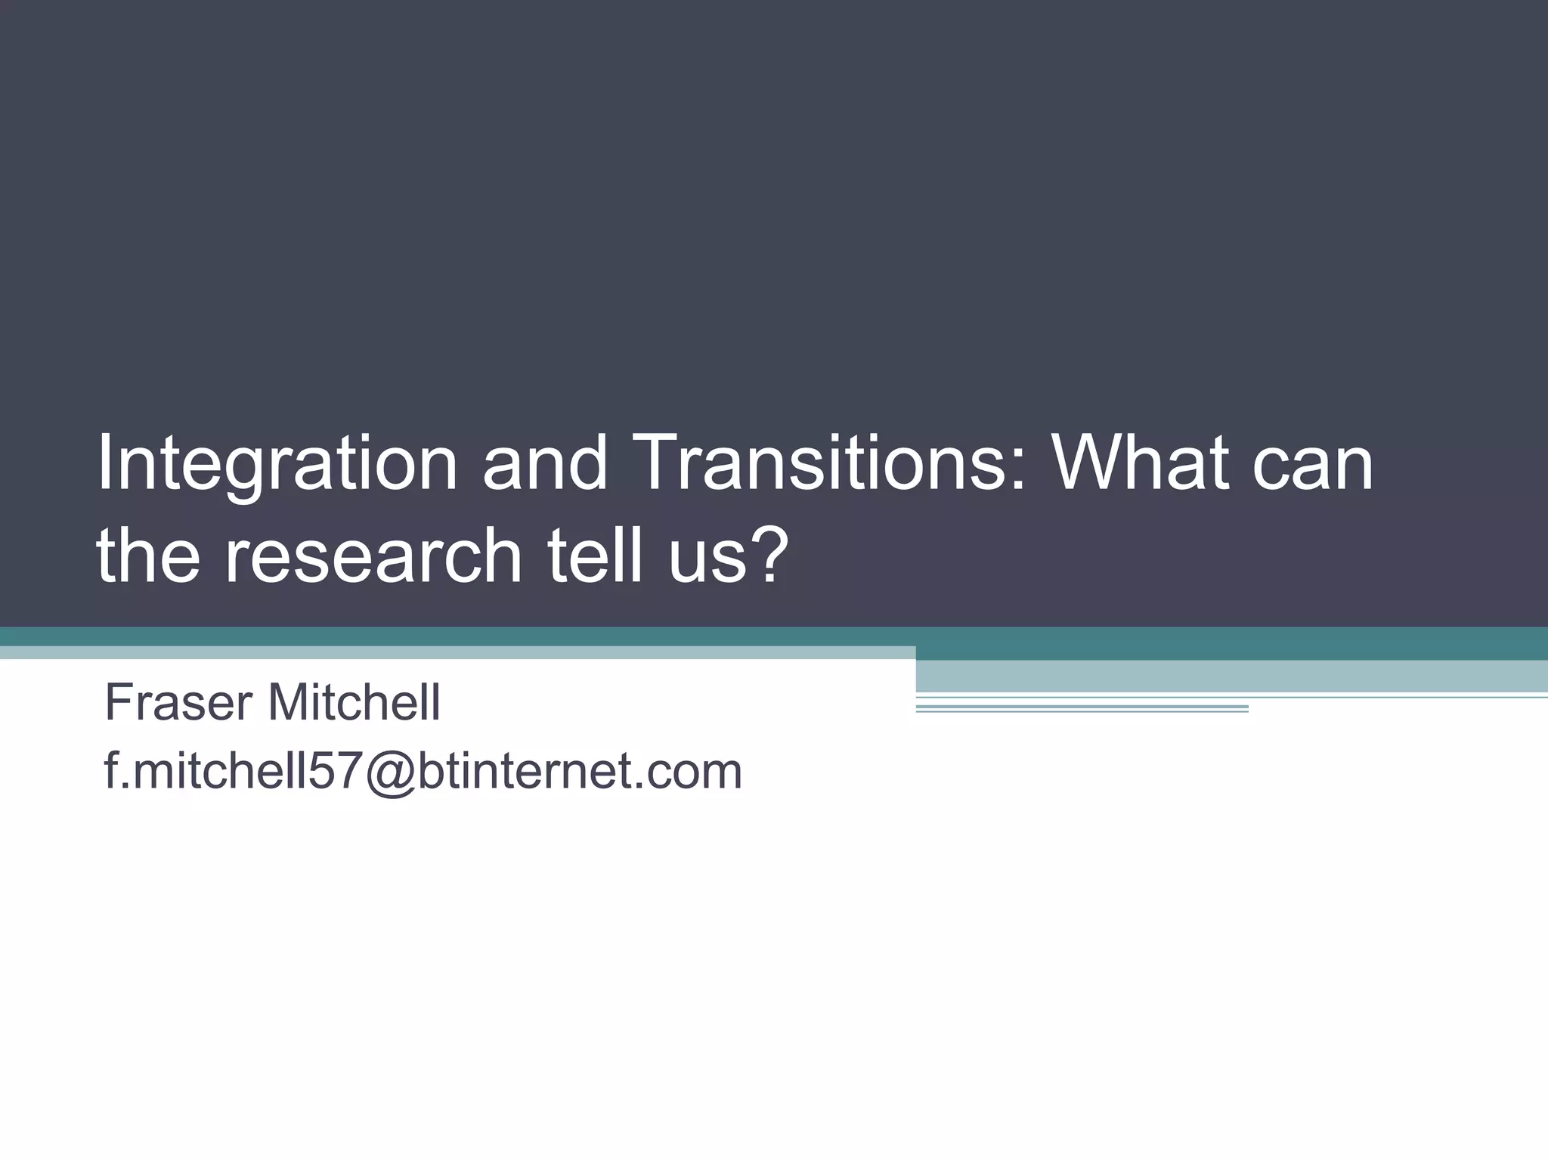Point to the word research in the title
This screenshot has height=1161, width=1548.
373,556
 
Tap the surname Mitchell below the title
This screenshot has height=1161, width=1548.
354,702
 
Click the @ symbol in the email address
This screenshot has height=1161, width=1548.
385,772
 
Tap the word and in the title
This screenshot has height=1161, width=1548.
544,463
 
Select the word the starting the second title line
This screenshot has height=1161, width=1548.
148,556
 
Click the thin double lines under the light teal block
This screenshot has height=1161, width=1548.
1081,709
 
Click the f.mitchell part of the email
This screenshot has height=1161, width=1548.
204,771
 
